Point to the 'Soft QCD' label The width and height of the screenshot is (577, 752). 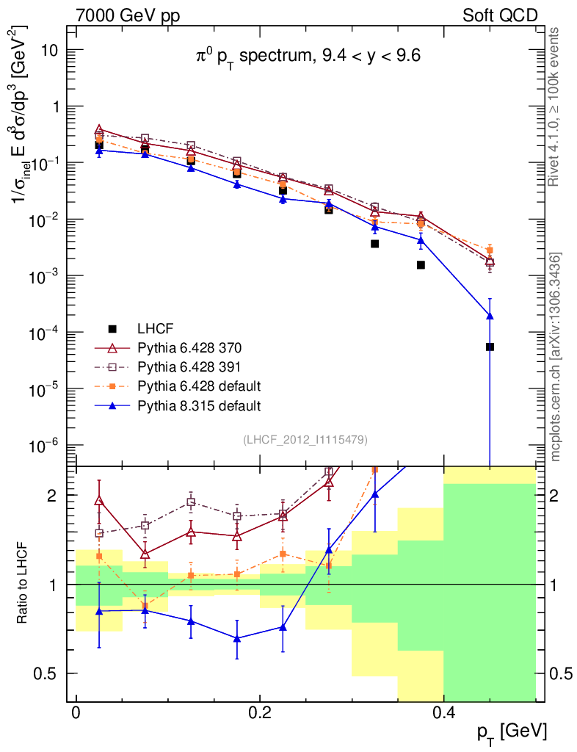tap(500, 15)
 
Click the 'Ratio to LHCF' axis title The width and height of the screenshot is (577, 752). tap(23, 584)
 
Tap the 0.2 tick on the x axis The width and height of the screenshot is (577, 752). tap(260, 712)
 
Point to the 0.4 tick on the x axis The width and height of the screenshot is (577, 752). tap(443, 712)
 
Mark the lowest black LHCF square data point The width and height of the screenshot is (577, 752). tap(490, 347)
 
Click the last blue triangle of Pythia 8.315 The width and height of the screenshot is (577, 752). tap(490, 316)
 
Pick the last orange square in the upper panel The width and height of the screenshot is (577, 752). tap(490, 250)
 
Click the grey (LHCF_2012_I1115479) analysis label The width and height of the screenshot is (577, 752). tap(305, 439)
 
